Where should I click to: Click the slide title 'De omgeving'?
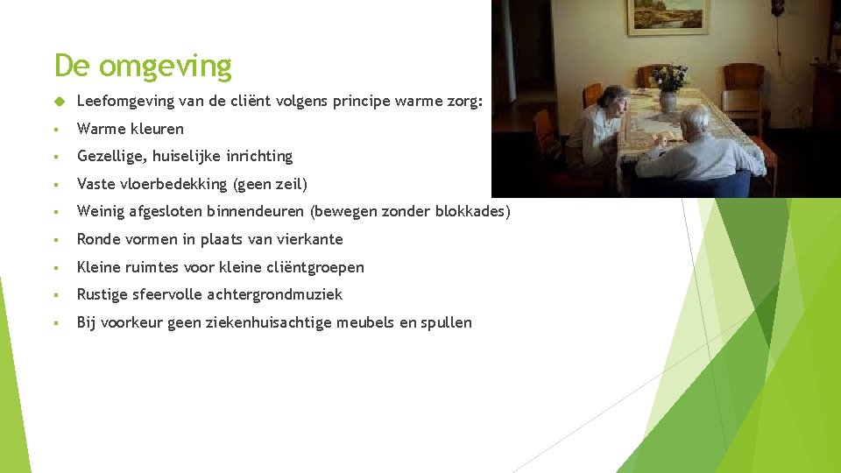[x=143, y=67]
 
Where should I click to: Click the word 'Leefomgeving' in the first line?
[x=124, y=101]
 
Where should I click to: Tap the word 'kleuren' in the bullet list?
[x=157, y=129]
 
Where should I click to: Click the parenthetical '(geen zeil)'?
[x=271, y=184]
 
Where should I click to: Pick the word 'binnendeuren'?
[x=252, y=212]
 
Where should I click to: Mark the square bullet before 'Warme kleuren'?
[x=55, y=130]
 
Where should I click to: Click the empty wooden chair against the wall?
[x=744, y=83]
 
